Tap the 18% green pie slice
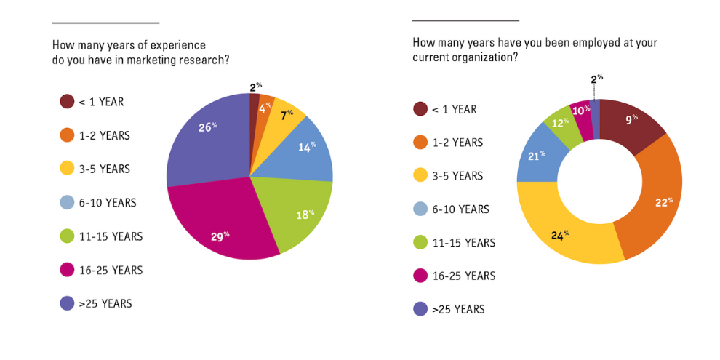coord(298,211)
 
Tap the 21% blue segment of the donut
coord(537,156)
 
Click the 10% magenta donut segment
coord(580,111)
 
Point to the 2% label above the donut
coord(596,79)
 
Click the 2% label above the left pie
coord(255,87)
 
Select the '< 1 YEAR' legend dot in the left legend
coord(66,102)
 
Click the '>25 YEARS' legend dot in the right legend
coord(420,309)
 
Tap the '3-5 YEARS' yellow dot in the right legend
coord(420,176)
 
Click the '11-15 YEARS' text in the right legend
coord(464,243)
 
